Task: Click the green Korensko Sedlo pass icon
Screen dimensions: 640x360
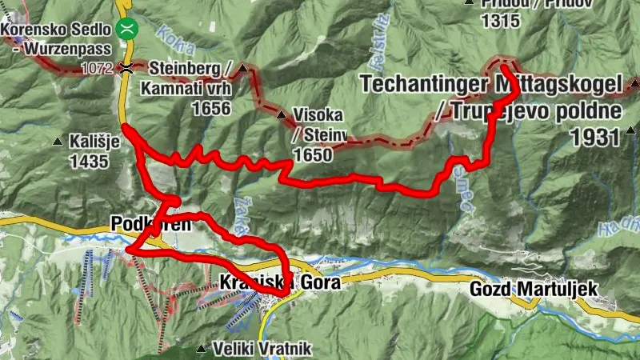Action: click(x=125, y=30)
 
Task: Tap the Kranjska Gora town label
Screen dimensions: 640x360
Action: click(x=279, y=282)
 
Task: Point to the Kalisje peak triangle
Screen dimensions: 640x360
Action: click(x=58, y=142)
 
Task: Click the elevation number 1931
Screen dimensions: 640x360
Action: click(x=595, y=138)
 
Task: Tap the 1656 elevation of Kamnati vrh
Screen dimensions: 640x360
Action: click(x=210, y=108)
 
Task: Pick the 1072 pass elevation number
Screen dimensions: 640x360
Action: click(x=98, y=69)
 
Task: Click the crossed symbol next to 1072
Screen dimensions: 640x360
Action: click(x=126, y=68)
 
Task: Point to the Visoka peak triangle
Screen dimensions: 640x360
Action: click(x=281, y=115)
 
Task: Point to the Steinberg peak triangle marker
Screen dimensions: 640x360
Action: click(x=242, y=68)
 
